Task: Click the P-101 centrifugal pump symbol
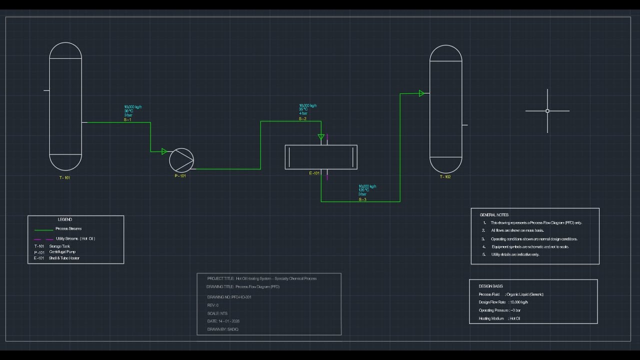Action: click(181, 160)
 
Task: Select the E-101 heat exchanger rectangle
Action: click(321, 157)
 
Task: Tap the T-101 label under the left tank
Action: click(65, 177)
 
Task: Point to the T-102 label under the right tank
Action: click(445, 176)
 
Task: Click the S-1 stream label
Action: click(127, 120)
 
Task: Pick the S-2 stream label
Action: click(302, 118)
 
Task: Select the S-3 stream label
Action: click(362, 199)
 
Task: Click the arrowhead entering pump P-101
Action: click(164, 151)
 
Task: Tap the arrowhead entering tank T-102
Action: click(421, 93)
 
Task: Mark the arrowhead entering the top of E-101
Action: click(321, 137)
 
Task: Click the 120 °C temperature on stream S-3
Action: click(363, 190)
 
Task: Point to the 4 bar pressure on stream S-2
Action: click(303, 113)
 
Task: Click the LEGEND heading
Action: click(65, 219)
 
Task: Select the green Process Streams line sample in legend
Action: click(43, 230)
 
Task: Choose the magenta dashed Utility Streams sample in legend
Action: click(43, 239)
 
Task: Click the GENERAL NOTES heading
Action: click(494, 215)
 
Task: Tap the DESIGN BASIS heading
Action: click(490, 286)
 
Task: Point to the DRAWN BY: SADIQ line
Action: click(223, 329)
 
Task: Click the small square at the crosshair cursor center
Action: click(547, 111)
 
